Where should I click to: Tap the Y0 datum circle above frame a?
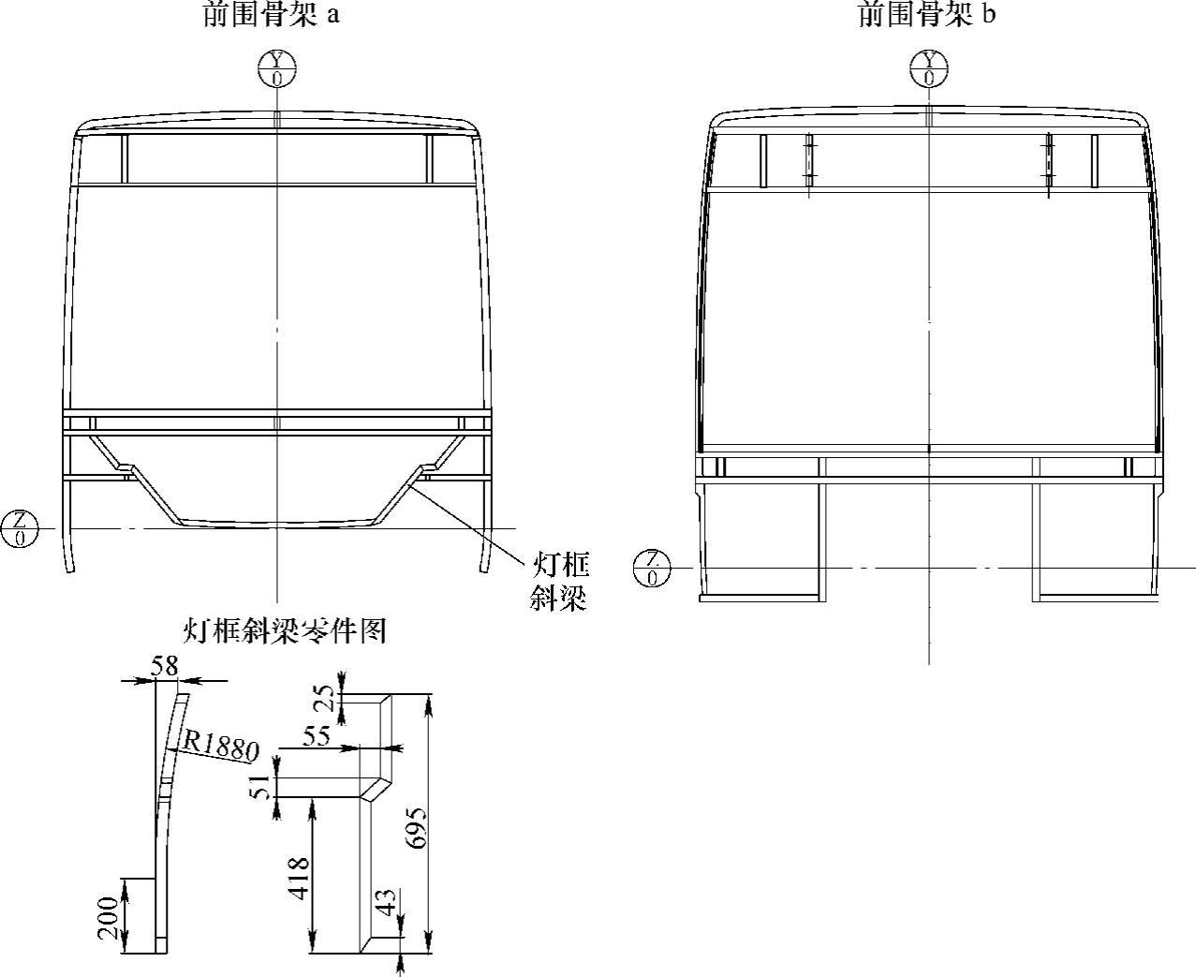tap(277, 69)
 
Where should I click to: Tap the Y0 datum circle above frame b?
tap(929, 69)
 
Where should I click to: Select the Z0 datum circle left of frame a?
tap(20, 528)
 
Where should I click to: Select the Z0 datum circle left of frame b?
tap(652, 568)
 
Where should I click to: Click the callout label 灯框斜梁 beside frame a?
tap(560, 581)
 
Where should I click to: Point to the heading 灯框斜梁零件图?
tap(284, 631)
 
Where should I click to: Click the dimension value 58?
tap(165, 666)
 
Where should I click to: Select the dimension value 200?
tap(109, 917)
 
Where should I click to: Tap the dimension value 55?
tap(317, 736)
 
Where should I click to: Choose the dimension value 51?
tap(262, 781)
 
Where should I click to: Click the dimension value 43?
tap(386, 907)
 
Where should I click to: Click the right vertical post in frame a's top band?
tap(431, 159)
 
